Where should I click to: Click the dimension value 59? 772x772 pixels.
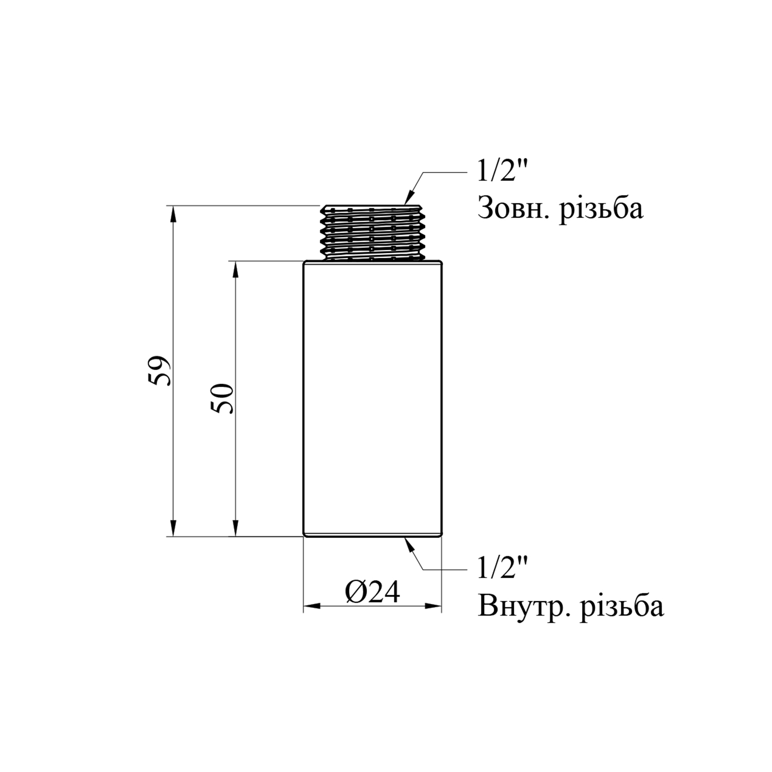pos(159,371)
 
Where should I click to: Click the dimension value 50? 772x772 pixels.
pos(224,398)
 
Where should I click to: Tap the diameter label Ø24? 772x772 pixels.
pos(373,593)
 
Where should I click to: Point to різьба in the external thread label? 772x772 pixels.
pos(601,208)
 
